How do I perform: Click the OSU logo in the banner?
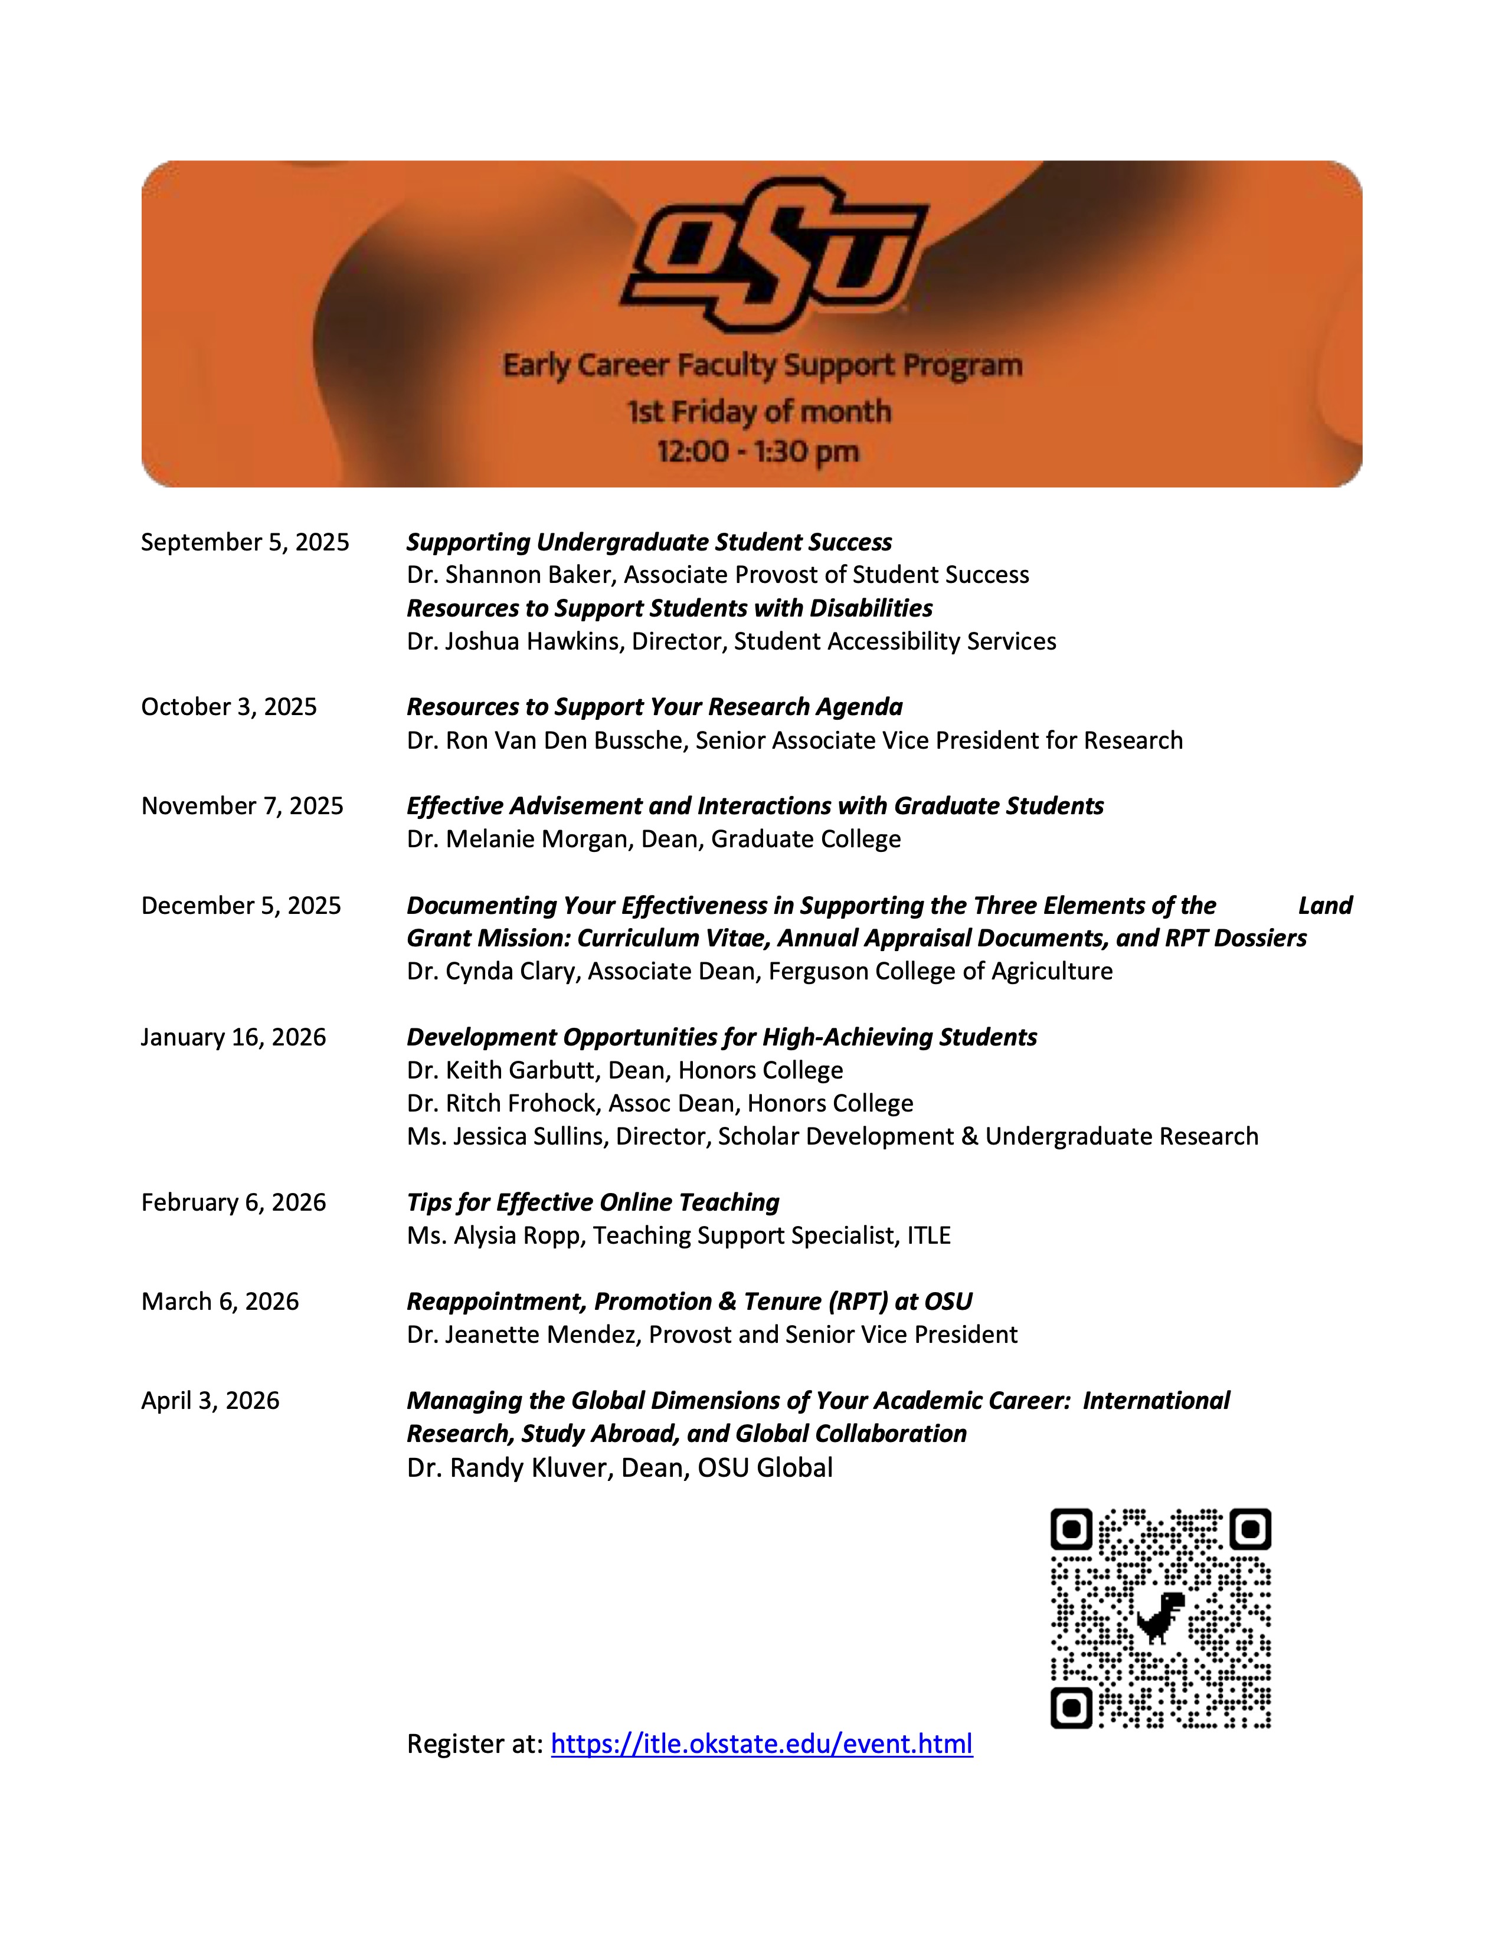[x=774, y=253]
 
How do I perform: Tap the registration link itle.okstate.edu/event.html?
[x=761, y=1743]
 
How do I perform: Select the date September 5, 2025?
[x=245, y=542]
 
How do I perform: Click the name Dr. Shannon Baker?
[x=510, y=575]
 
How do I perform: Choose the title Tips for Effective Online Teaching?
[x=593, y=1202]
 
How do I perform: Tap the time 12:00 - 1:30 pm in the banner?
[x=758, y=451]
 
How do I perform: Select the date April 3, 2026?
[x=211, y=1401]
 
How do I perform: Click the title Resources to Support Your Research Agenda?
[x=655, y=707]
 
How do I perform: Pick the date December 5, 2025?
[x=241, y=906]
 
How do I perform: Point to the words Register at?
[x=475, y=1743]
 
